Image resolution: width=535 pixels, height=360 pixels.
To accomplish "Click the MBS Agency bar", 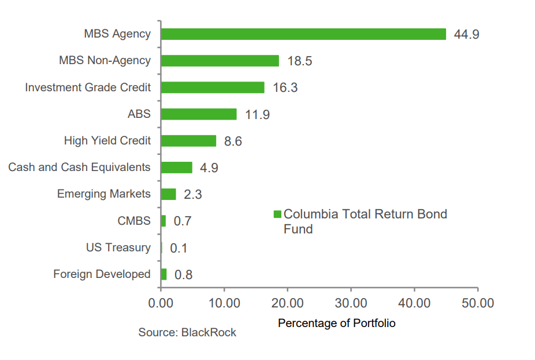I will point(303,34).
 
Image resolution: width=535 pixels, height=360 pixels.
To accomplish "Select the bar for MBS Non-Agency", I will point(220,61).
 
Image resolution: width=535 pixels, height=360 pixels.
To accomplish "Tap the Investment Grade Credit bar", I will point(213,87).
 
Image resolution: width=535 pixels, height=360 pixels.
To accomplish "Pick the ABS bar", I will point(199,114).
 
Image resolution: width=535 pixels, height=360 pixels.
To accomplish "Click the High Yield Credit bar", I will point(188,140).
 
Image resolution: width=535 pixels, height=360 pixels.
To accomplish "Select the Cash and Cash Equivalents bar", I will point(176,168).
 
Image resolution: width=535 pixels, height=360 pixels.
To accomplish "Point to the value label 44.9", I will point(466,35).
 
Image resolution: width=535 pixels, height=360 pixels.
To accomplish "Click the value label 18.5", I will point(299,61).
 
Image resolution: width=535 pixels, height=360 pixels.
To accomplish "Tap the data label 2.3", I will point(192,195).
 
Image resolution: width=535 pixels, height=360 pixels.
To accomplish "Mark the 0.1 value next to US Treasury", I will point(179,248).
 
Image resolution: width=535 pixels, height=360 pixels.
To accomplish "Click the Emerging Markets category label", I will point(103,194).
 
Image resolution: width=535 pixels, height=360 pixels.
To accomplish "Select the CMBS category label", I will point(133,221).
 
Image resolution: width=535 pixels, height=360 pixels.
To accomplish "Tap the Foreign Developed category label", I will point(102,274).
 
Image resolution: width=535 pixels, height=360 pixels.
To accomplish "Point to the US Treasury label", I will point(118,248).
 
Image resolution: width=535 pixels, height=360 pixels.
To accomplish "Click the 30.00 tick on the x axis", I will point(351,303).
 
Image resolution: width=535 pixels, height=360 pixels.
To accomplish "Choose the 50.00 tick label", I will point(477,303).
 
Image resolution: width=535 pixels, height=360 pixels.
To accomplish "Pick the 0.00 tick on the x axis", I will point(160,303).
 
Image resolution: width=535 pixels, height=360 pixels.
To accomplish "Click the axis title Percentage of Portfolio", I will point(336,324).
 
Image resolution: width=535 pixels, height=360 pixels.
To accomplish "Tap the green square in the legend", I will point(277,214).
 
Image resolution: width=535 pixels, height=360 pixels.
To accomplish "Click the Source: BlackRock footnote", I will point(187,333).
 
